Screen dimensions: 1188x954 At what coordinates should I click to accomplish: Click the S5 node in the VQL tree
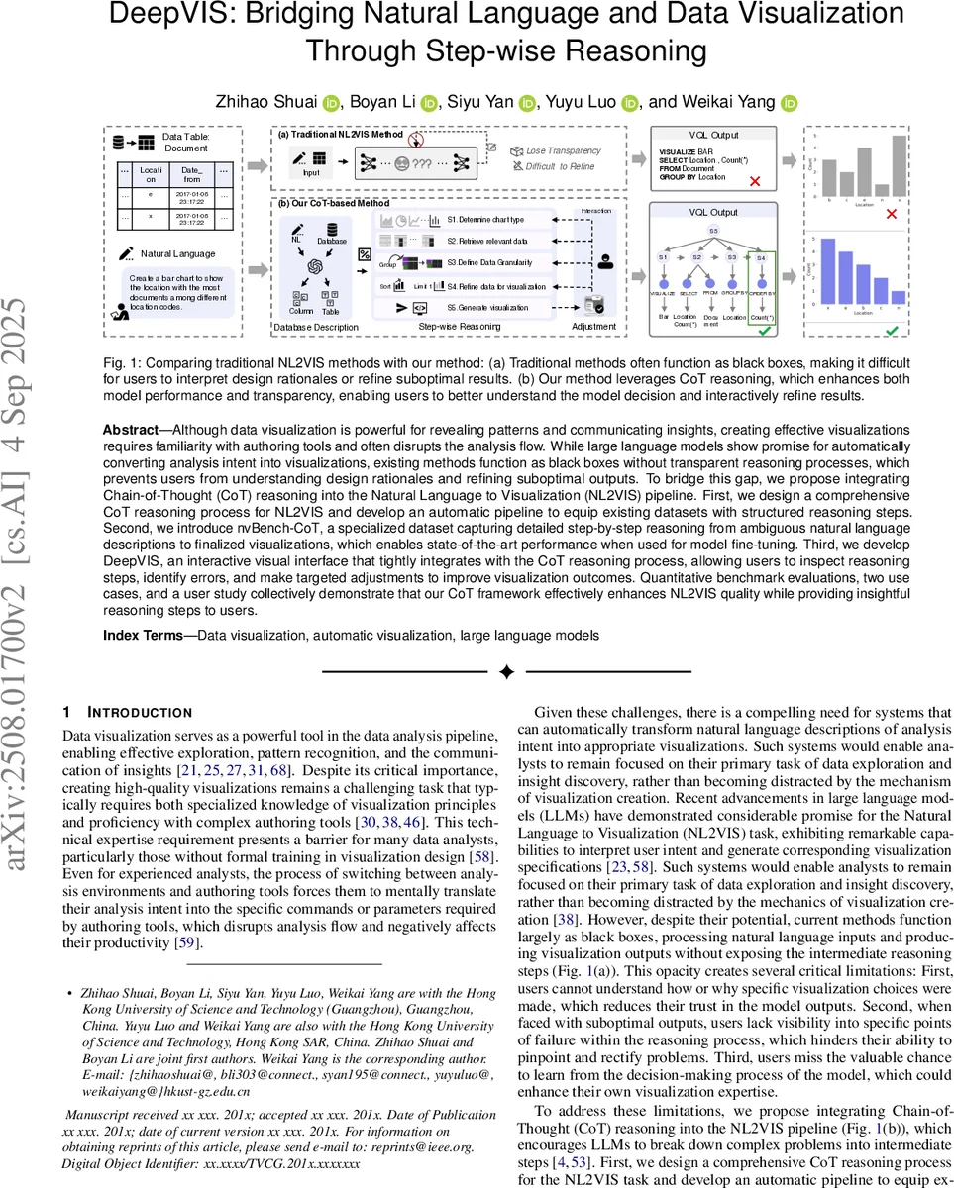712,231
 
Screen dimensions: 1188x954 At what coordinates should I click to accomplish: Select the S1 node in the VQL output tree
663,257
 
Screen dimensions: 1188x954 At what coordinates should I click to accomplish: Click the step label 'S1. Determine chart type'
485,219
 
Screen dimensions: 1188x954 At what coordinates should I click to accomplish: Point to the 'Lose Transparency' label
563,150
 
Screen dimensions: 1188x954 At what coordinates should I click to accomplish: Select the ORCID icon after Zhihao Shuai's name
331,102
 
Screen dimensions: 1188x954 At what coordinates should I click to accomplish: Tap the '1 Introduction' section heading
127,712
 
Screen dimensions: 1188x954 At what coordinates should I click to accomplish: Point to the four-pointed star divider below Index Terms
506,672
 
